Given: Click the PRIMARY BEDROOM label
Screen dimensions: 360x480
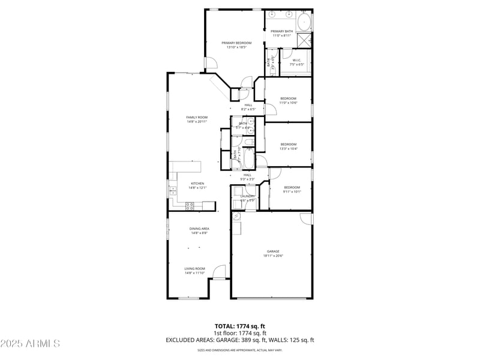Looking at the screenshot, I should (236, 43).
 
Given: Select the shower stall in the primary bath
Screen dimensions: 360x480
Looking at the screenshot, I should (305, 40).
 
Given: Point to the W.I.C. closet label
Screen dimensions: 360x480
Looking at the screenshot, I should (297, 61).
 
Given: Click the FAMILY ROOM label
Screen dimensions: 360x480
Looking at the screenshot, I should (197, 118).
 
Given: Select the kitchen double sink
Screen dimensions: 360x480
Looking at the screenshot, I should (173, 191).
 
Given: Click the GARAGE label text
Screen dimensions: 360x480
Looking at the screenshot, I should (273, 251).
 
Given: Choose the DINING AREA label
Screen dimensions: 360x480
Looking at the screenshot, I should (199, 229).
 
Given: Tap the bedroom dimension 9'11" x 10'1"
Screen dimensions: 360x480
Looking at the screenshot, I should (292, 192).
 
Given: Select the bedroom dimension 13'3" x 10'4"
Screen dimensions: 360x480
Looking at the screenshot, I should (289, 148).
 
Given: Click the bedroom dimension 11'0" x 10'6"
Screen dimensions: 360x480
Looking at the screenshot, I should (288, 103).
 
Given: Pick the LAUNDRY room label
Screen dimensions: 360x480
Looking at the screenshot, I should (248, 196).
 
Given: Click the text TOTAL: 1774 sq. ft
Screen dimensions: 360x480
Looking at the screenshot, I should (240, 326).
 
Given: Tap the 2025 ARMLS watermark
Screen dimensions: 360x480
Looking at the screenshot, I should (30, 344).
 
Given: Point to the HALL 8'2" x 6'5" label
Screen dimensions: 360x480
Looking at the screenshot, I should (248, 107).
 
